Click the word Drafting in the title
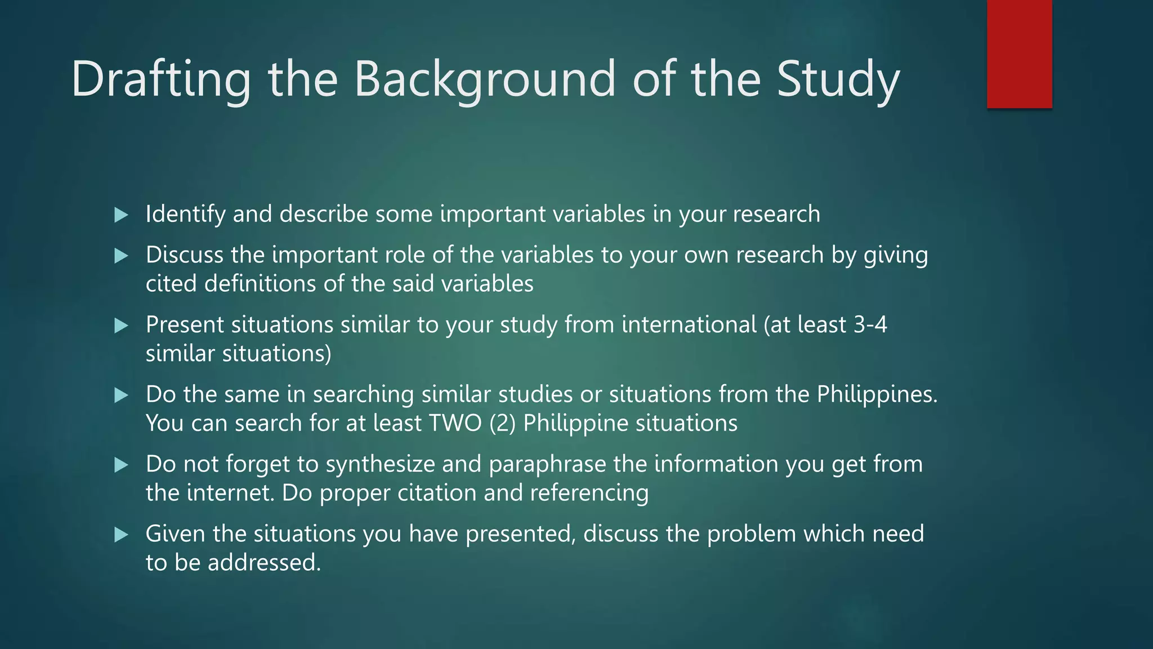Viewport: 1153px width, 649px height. pyautogui.click(x=161, y=80)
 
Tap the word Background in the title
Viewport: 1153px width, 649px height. pyautogui.click(x=485, y=80)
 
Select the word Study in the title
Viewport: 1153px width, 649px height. pyautogui.click(x=838, y=80)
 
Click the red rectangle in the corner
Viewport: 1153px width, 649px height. pyautogui.click(x=1019, y=54)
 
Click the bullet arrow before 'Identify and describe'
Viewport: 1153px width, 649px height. pyautogui.click(x=121, y=215)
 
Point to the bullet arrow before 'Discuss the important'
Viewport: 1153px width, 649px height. pyautogui.click(x=121, y=256)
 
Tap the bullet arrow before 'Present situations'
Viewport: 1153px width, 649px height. pyautogui.click(x=121, y=326)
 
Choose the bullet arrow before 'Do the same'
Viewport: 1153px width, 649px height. pyautogui.click(x=121, y=395)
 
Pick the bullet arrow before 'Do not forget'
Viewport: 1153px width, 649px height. pyautogui.click(x=121, y=465)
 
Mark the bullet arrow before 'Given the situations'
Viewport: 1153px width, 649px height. pyautogui.click(x=121, y=535)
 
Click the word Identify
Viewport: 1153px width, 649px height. pyautogui.click(x=185, y=215)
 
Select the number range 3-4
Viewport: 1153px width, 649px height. pyautogui.click(x=870, y=325)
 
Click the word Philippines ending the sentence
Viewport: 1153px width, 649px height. pyautogui.click(x=876, y=395)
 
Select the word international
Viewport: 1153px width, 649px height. pyautogui.click(x=689, y=325)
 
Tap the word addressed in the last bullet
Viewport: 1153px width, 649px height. pyautogui.click(x=264, y=563)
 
